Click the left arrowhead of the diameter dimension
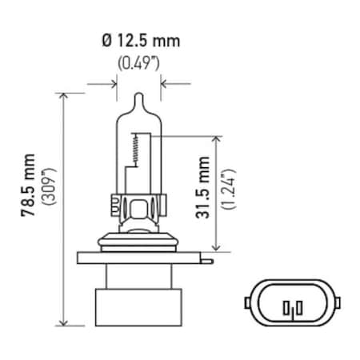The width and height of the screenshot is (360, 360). coord(109,82)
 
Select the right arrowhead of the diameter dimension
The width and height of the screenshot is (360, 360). coord(165,82)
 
